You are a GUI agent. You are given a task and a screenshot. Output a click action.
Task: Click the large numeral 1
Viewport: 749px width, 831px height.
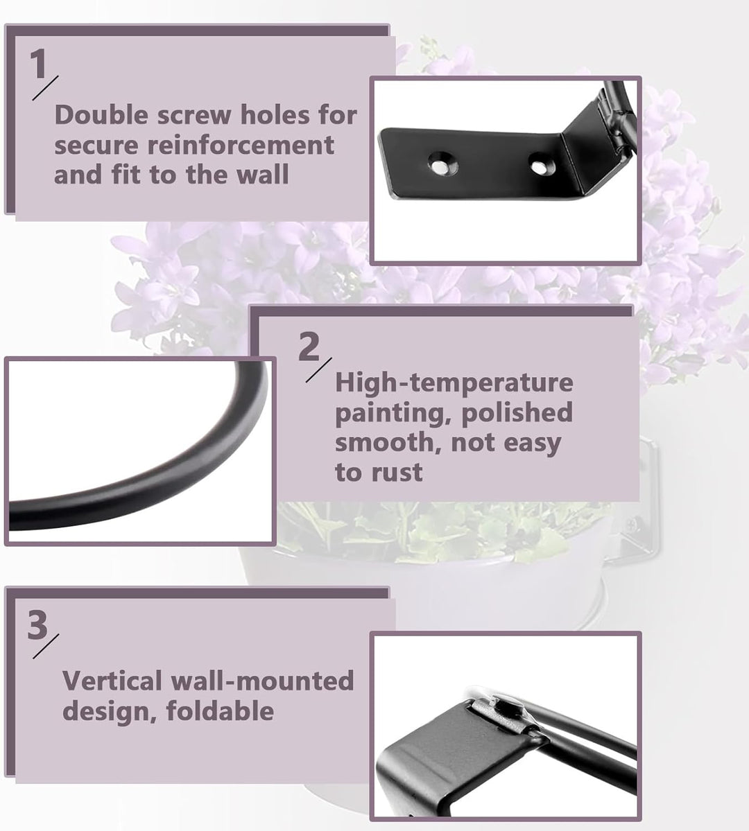tap(37, 64)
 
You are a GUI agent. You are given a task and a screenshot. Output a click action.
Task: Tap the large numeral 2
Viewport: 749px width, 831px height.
tap(309, 347)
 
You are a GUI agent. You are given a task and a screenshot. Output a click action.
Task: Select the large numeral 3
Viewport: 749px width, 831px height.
tap(37, 625)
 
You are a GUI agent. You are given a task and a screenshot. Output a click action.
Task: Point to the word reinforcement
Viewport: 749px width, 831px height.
tap(240, 146)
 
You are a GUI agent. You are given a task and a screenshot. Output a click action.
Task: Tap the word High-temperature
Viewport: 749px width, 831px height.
tap(454, 383)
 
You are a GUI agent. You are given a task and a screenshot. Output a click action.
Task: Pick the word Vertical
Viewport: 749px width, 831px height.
tap(112, 681)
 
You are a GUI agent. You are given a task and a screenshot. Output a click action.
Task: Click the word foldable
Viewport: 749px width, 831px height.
tap(220, 710)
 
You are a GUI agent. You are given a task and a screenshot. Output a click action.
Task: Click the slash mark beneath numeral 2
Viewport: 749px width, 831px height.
tap(319, 370)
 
